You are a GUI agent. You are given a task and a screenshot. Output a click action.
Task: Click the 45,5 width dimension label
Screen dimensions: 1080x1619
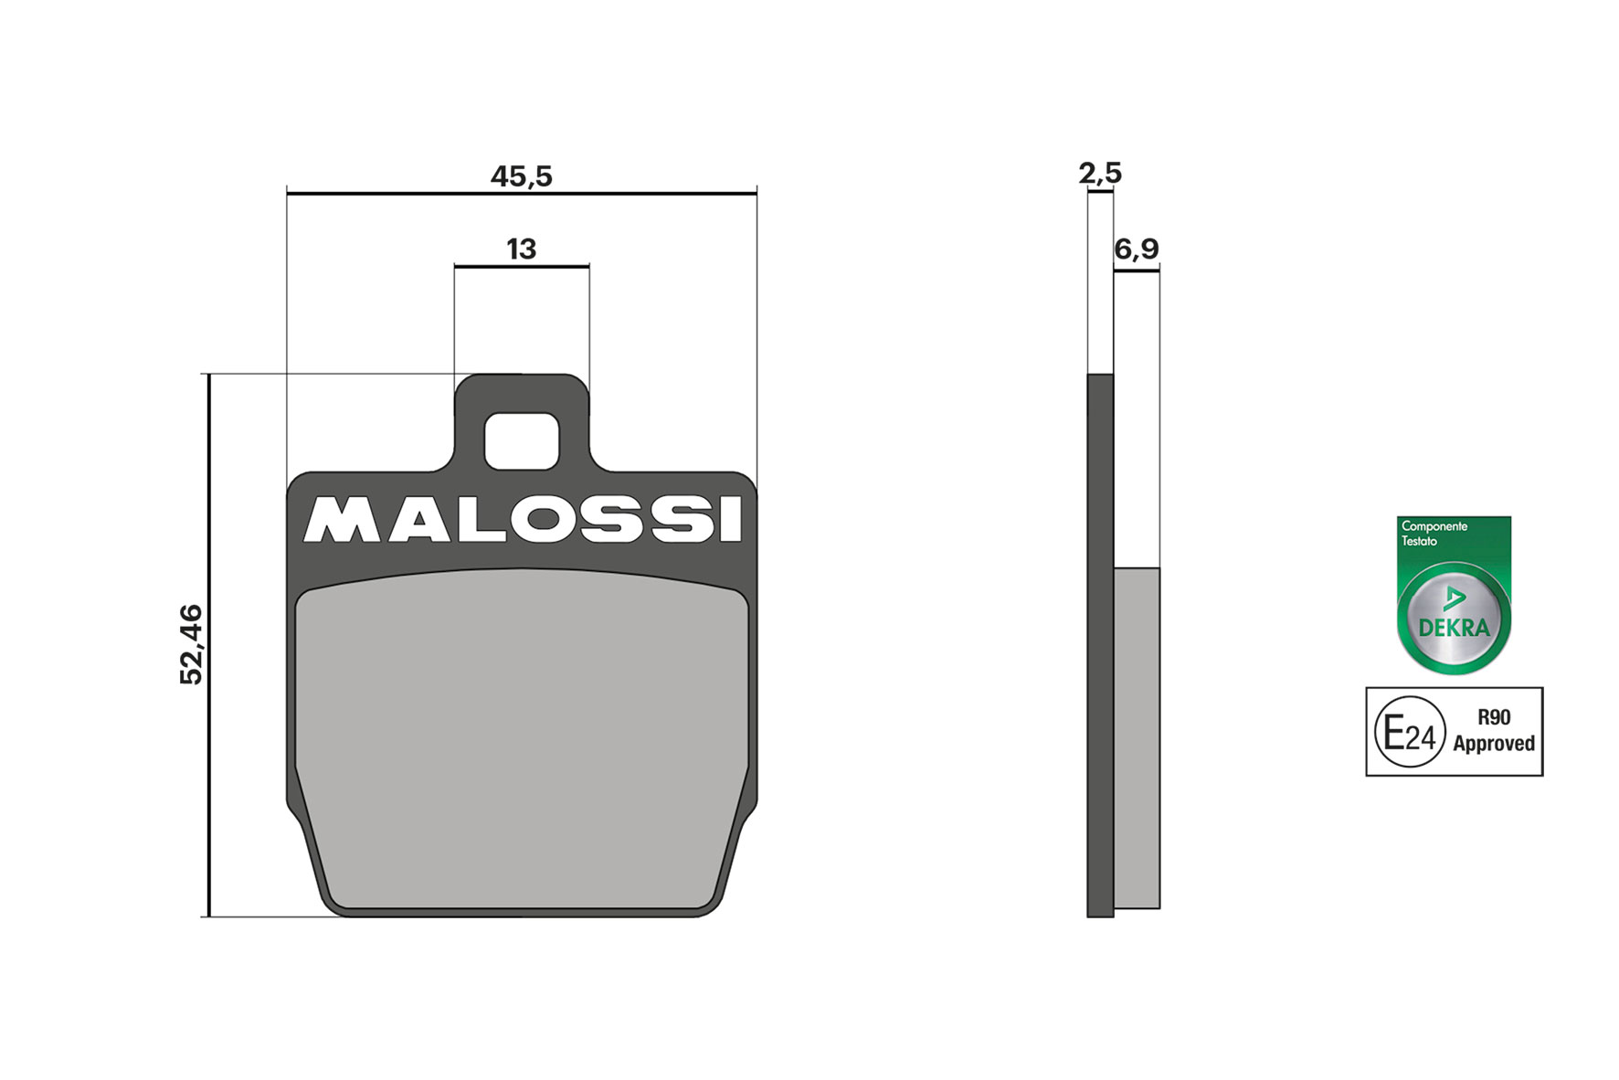tap(521, 176)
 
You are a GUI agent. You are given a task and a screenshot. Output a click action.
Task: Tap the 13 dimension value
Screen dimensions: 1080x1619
tap(521, 249)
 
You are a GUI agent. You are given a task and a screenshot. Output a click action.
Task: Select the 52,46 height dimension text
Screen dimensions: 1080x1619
tap(191, 644)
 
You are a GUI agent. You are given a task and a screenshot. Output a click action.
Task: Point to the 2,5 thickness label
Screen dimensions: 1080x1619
tap(1100, 173)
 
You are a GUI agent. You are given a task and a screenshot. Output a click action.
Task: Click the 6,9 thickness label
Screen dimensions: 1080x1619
tap(1137, 249)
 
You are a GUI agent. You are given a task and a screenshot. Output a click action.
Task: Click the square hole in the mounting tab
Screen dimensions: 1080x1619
tap(521, 440)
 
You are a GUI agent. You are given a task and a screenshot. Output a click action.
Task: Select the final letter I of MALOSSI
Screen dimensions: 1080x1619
tap(730, 520)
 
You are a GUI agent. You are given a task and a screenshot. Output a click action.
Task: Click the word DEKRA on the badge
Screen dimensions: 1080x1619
tap(1454, 628)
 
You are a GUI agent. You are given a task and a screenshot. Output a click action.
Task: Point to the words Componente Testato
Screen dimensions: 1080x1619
tap(1434, 534)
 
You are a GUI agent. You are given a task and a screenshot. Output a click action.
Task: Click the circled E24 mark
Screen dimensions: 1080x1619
tap(1410, 733)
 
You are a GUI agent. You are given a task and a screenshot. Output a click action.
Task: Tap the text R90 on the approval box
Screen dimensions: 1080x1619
tap(1494, 717)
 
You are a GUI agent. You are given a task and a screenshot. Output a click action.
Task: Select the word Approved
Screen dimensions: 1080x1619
tap(1494, 744)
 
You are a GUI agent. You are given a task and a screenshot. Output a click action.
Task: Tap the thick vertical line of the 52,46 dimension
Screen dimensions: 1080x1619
tap(209, 644)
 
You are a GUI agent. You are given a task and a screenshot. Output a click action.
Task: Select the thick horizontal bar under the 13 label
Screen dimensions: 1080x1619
tap(521, 266)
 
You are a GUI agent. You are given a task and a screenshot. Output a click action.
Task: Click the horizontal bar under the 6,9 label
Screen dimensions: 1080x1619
tap(1137, 270)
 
